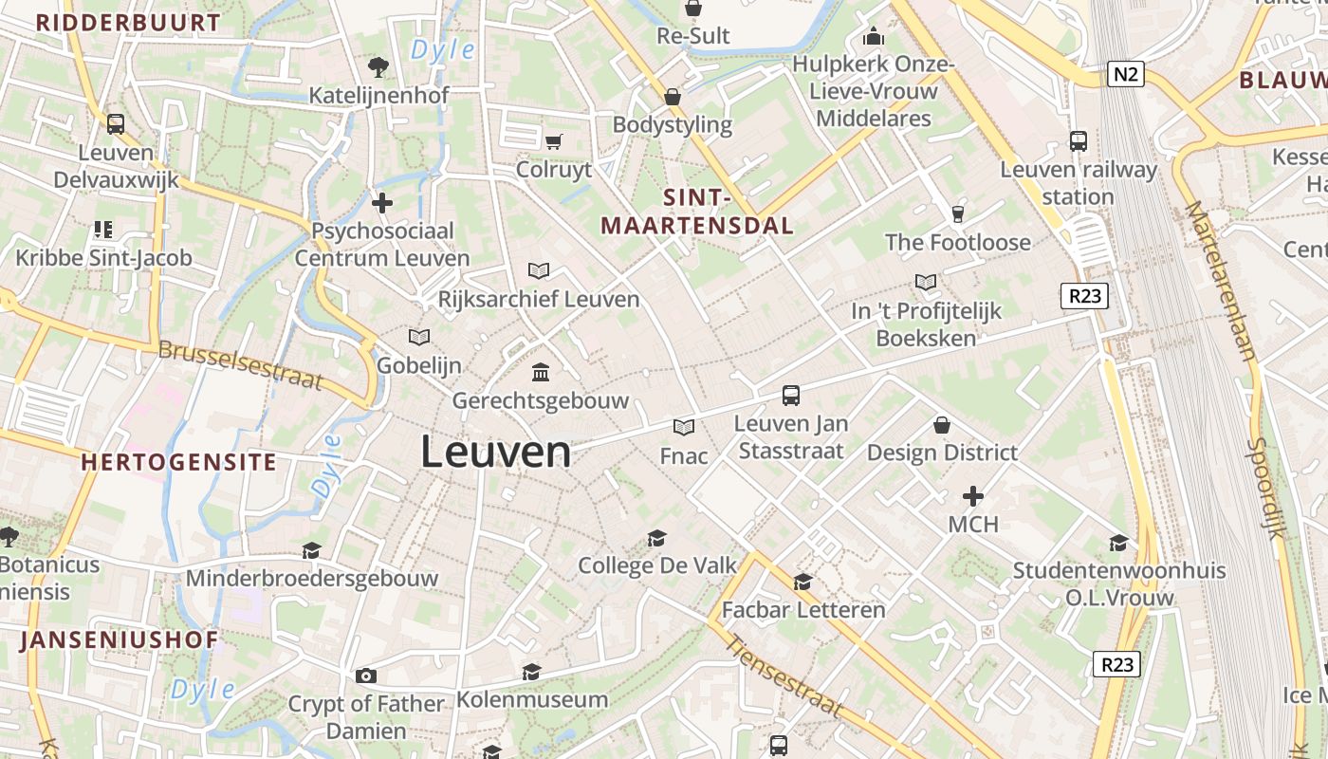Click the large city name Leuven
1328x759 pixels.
click(495, 452)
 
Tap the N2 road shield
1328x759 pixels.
click(1125, 74)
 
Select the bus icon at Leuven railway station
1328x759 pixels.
click(1079, 141)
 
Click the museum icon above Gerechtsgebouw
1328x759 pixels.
click(541, 372)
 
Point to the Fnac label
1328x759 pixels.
click(684, 456)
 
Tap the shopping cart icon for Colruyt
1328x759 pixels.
click(554, 142)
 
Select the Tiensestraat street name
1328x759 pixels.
click(784, 675)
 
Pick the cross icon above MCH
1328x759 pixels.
click(973, 495)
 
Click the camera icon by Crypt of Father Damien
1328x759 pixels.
click(366, 676)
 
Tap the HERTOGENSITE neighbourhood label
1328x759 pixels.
click(179, 463)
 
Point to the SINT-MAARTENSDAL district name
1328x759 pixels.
click(697, 212)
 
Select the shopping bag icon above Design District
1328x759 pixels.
click(942, 424)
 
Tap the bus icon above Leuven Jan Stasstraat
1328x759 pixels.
click(791, 396)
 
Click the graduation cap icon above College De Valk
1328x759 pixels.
click(656, 539)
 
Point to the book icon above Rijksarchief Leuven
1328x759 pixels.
click(539, 271)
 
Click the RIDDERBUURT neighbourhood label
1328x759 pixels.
click(128, 23)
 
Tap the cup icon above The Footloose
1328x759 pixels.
click(957, 214)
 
